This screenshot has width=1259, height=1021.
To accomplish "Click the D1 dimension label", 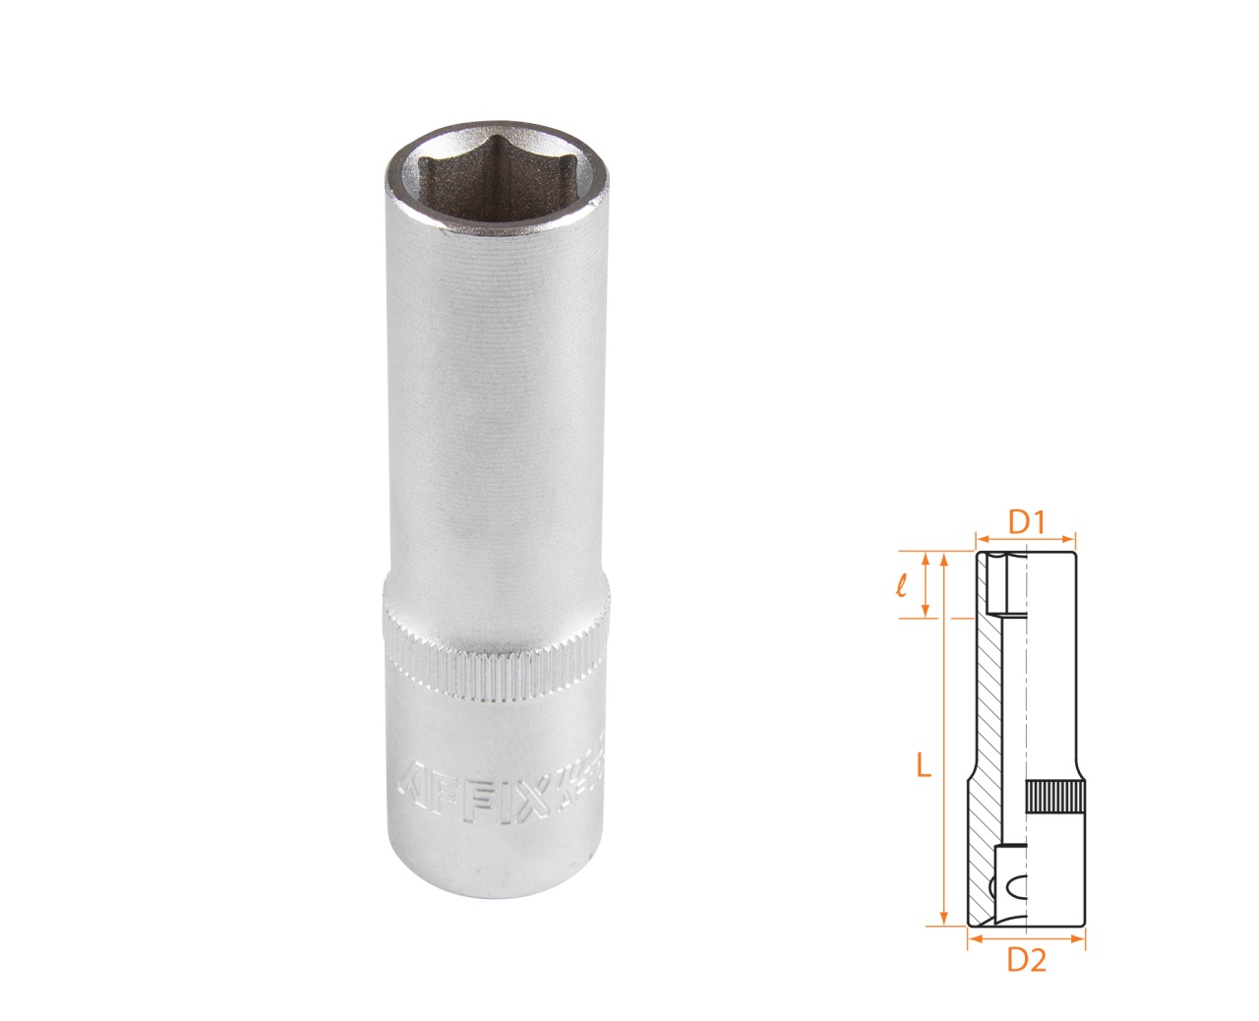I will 1026,521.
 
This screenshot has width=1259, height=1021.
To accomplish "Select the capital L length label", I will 923,764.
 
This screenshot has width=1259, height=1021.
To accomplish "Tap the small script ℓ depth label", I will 901,586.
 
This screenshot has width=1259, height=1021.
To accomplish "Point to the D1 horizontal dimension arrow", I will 1026,538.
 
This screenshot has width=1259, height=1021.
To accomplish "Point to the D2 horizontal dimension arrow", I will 1026,939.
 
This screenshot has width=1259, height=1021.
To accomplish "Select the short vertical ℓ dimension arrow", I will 926,586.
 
